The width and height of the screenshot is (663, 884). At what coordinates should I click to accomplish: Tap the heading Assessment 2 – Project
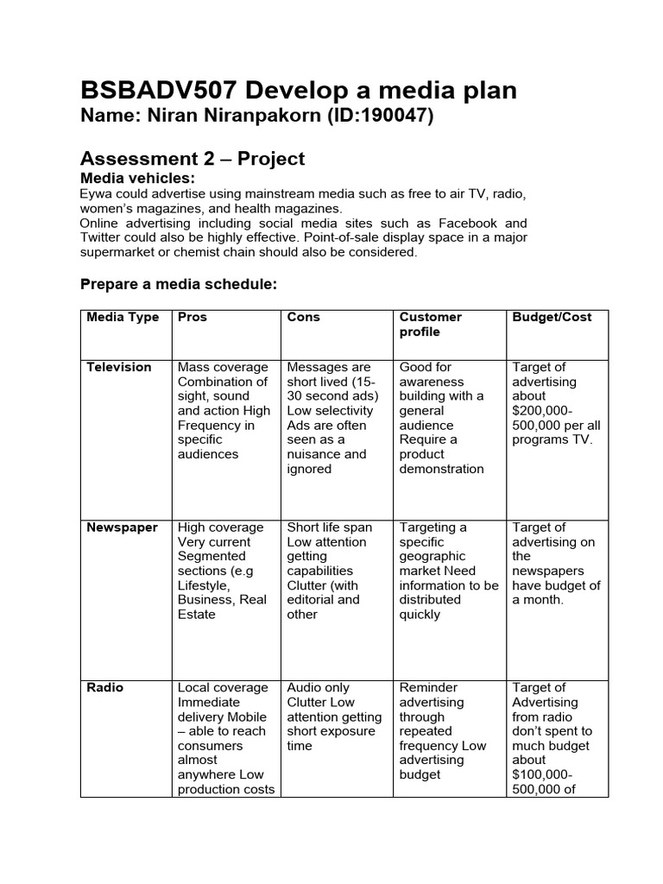click(192, 158)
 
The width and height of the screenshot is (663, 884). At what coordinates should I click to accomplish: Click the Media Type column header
click(123, 317)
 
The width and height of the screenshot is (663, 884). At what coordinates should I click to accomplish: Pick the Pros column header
click(192, 317)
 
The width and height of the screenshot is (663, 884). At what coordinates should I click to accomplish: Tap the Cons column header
click(303, 317)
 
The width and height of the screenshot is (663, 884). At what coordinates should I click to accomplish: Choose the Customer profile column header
click(430, 325)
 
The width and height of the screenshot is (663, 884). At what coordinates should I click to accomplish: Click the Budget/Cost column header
click(552, 317)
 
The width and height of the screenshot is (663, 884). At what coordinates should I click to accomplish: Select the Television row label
click(118, 367)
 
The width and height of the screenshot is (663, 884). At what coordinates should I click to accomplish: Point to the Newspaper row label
click(122, 527)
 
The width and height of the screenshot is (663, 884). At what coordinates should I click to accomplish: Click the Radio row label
click(104, 687)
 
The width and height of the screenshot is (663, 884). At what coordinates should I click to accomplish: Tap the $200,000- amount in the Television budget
click(541, 411)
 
